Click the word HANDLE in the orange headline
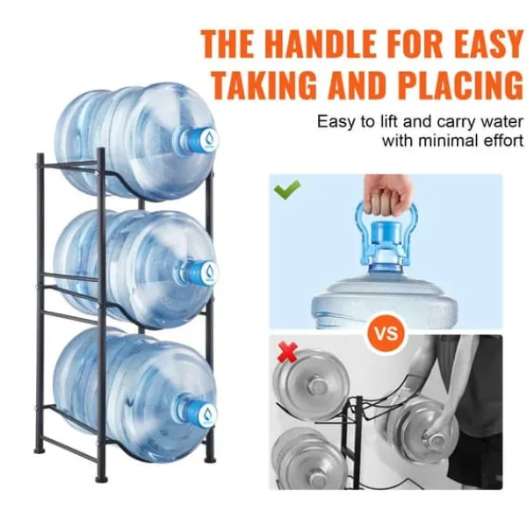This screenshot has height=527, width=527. pos(322,44)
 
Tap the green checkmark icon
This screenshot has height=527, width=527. pos(287,190)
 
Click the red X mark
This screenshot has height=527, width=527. pos(288,352)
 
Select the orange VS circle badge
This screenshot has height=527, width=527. pos(386,333)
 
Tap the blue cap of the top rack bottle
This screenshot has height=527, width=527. pos(204,139)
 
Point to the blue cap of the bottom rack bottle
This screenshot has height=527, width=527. pos(204,413)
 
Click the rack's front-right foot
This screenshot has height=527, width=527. pos(102,479)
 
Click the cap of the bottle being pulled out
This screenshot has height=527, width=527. pos(437,439)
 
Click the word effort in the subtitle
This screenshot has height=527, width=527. pos(503,141)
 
